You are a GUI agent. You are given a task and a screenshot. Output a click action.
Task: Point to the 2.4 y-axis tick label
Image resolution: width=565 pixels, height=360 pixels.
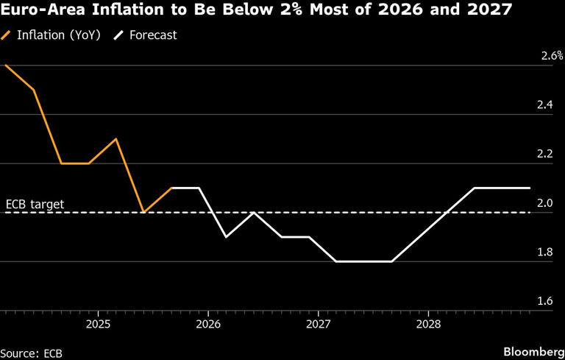(545, 105)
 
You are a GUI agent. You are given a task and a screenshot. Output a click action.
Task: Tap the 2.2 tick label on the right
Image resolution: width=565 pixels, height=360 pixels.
(545, 154)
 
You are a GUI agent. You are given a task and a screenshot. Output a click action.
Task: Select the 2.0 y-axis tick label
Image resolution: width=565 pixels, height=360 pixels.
(545, 203)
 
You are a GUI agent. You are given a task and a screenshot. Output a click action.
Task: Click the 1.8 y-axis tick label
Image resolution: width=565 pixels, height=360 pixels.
(545, 253)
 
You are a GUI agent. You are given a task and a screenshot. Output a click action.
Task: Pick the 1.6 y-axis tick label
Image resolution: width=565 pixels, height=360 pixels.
(545, 301)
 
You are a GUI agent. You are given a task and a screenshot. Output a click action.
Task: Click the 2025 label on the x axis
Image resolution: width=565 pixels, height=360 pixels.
(98, 324)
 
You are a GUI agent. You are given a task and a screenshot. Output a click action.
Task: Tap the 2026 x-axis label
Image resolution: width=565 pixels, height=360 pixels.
(208, 324)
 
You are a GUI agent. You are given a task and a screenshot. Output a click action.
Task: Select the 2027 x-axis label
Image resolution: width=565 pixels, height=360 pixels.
(318, 324)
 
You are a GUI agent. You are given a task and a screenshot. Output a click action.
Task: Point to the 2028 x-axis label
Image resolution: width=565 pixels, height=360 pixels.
(428, 324)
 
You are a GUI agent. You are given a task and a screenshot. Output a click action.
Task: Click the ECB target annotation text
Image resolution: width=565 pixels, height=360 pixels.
(35, 204)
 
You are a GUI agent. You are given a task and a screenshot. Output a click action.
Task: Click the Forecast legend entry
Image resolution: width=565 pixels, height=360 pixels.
(151, 35)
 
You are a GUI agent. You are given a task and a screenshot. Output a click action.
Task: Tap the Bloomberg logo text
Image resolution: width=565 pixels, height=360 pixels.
(531, 350)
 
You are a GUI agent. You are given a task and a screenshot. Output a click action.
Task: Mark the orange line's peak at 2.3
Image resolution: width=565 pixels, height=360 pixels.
(116, 139)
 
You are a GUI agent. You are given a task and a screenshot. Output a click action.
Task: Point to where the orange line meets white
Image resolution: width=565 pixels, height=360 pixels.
(171, 188)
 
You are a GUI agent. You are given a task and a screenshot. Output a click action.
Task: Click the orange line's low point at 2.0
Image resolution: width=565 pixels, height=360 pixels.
(143, 212)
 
